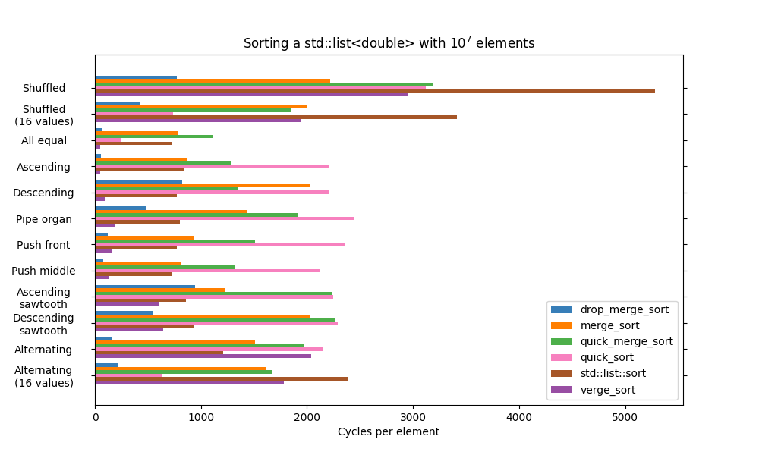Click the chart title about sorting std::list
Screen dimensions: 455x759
(x=389, y=43)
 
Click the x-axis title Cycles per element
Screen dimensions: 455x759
(x=388, y=432)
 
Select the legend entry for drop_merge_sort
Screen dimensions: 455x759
(x=624, y=309)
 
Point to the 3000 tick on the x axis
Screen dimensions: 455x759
(x=413, y=417)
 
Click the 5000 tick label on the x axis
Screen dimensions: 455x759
(x=625, y=417)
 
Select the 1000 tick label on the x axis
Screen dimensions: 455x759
(x=201, y=417)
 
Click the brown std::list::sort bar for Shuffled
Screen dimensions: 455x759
(x=375, y=91)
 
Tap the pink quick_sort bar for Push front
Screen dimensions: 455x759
(x=219, y=244)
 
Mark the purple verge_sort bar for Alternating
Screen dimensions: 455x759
(x=203, y=356)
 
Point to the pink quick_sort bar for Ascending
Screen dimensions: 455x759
(x=212, y=166)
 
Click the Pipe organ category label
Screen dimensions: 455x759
(x=44, y=219)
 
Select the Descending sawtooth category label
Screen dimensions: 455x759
(x=44, y=324)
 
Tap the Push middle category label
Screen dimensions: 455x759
(x=44, y=271)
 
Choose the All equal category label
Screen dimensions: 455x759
(x=44, y=140)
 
